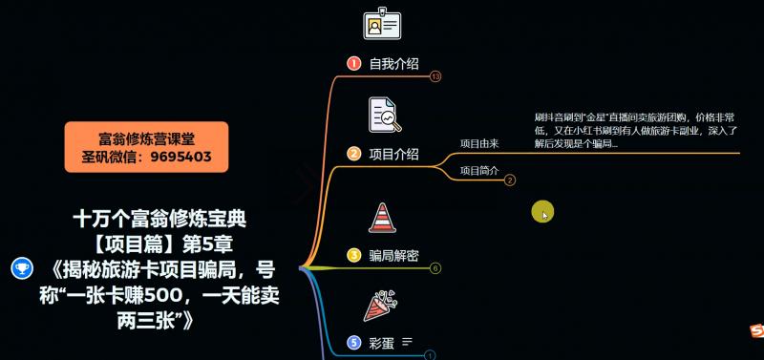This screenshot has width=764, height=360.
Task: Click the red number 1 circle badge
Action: click(353, 64)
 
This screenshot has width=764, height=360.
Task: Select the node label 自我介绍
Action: click(393, 64)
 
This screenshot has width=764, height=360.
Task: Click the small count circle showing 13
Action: click(435, 76)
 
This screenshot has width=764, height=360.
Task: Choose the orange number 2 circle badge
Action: click(353, 154)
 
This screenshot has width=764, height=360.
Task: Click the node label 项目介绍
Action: click(393, 154)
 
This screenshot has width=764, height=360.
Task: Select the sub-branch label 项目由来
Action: click(479, 143)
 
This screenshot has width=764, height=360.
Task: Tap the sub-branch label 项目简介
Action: click(479, 171)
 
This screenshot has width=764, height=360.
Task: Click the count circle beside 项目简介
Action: click(510, 180)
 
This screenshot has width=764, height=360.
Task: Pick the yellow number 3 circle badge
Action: click(353, 255)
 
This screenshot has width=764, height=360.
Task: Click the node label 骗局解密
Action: click(393, 255)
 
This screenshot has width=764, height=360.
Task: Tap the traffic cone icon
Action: click(382, 217)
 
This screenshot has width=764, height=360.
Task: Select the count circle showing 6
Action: click(435, 268)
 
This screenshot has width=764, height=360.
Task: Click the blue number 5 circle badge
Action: click(353, 341)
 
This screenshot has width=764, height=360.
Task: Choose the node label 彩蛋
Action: click(382, 341)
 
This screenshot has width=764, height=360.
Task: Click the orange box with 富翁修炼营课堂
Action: click(147, 147)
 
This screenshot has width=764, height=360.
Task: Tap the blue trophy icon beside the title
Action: click(18, 268)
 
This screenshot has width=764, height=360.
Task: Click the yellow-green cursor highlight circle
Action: click(542, 212)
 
